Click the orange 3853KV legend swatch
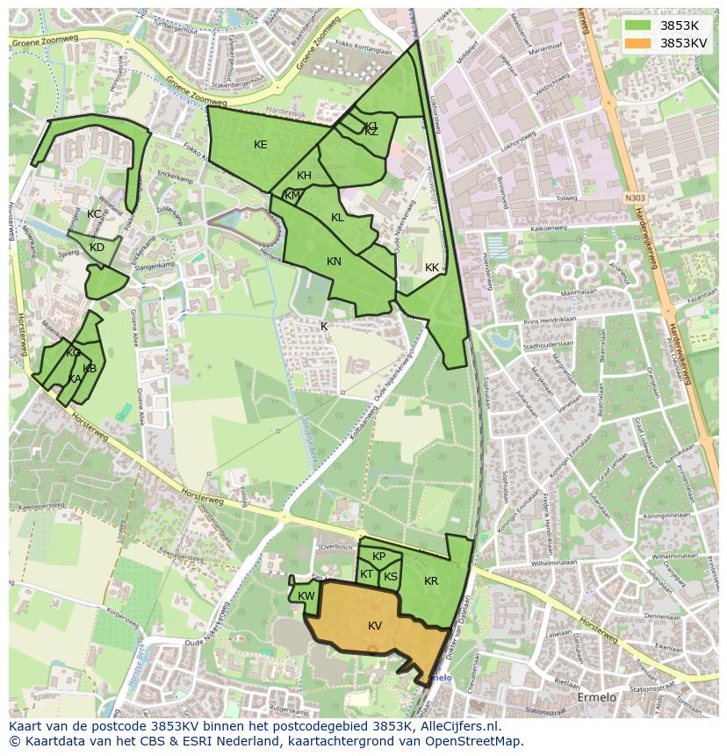coord(637,43)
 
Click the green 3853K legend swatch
coord(637,25)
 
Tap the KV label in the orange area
coord(375,625)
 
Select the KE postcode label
coord(260,145)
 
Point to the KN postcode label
coord(334,262)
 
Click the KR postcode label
coord(431,581)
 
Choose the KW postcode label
coord(306,596)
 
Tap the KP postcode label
coord(378,557)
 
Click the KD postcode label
coord(97,248)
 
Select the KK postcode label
coord(431,268)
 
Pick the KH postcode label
coord(304,176)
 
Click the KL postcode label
coord(337,218)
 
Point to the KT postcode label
coord(366,574)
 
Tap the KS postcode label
coord(391,577)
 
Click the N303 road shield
coord(636,199)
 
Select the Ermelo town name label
coord(597,697)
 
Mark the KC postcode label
coord(94,214)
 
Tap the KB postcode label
coord(90,369)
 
